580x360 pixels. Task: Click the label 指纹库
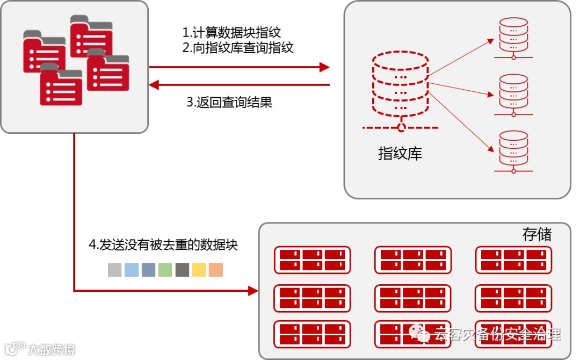coord(400,154)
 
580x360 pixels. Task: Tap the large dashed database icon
coord(401,88)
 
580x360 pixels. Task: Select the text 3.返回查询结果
coord(229,102)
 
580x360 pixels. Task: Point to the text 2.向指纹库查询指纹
coord(238,47)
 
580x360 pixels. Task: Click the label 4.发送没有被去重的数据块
coord(163,245)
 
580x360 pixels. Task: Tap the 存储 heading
coord(536,234)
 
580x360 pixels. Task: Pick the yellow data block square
coord(199,270)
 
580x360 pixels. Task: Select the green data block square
coord(165,270)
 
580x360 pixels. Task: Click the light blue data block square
coord(132,270)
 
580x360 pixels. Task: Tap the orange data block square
coord(216,270)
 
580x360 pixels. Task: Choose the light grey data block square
coord(115,270)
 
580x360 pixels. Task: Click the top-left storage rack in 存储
coord(312,260)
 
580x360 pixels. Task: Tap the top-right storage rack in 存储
coord(513,260)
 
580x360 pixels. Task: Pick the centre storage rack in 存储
coord(412,298)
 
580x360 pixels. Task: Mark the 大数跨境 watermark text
coord(51,349)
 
